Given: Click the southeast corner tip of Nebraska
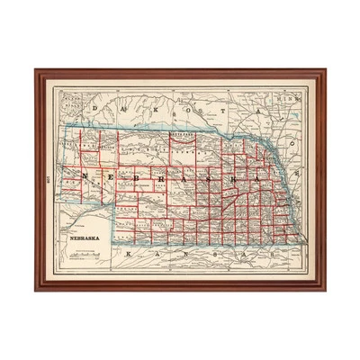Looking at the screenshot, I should (303, 244).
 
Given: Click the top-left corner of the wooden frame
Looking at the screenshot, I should (36, 70).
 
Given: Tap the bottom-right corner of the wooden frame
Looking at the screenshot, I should (325, 290).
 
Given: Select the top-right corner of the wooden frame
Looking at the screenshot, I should (325, 70).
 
